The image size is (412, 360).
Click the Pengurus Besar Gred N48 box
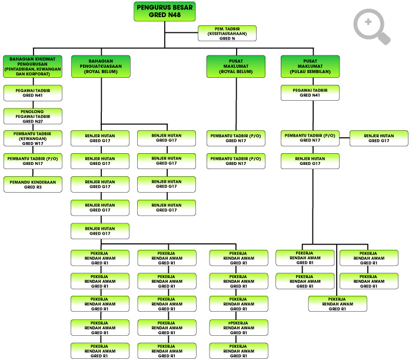pos(164,11)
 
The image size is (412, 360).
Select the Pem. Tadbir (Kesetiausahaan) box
pos(227,34)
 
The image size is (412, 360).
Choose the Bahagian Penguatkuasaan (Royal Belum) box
pos(101,67)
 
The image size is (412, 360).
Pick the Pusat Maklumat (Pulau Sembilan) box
pos(310,67)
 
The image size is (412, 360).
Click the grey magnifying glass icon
pos(372,27)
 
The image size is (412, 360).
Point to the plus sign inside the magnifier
pos(368,22)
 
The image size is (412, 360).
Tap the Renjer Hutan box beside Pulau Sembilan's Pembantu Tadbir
pos(379,138)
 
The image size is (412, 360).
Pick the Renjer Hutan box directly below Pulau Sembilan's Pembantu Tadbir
pos(310,161)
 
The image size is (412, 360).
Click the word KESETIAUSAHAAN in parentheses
pos(227,34)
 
